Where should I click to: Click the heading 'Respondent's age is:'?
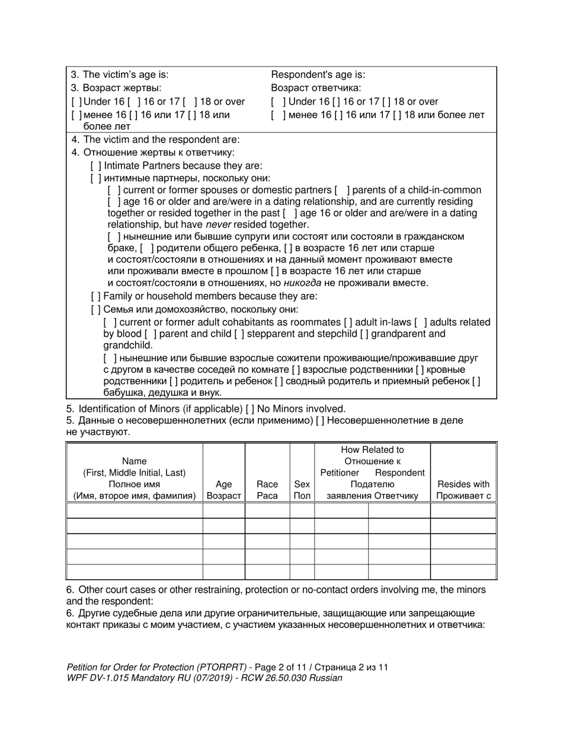(x=318, y=75)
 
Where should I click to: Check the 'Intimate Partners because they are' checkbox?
(x=95, y=166)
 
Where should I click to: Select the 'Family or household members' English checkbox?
(x=95, y=296)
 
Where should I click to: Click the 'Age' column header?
(x=223, y=484)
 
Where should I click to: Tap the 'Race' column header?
(x=267, y=484)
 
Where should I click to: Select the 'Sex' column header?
(x=302, y=484)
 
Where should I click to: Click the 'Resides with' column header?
(x=463, y=484)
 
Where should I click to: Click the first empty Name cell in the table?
(x=134, y=510)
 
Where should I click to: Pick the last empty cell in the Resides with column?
(x=463, y=572)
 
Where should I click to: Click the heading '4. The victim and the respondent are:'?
(x=155, y=140)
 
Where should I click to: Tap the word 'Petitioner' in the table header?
(x=340, y=472)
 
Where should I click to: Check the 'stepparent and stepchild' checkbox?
(x=239, y=334)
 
